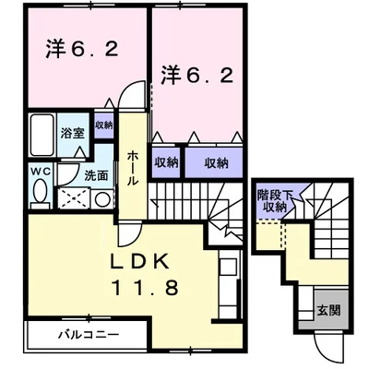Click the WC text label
click(41, 172)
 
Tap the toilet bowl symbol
click(41, 193)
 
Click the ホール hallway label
click(133, 167)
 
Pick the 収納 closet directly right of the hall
click(166, 162)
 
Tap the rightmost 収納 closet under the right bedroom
click(216, 162)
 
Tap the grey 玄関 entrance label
click(327, 311)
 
